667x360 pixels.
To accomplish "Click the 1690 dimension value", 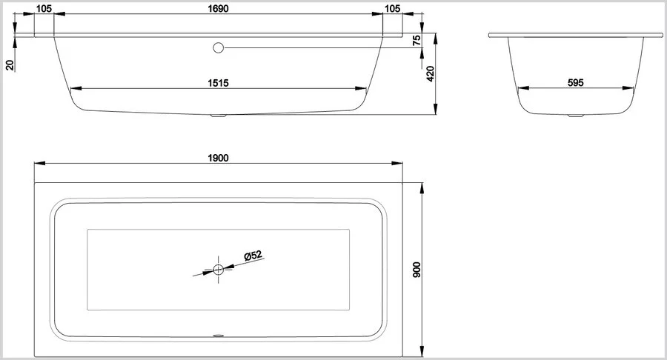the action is tap(218, 8).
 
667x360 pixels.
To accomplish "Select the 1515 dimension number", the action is tap(218, 83).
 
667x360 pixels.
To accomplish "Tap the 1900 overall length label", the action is tap(218, 158).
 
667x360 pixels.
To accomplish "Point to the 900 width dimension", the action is tap(417, 270).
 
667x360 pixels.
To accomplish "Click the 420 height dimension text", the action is tap(431, 73).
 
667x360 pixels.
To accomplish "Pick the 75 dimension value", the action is tap(417, 41).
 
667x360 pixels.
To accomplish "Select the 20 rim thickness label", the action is tap(10, 64).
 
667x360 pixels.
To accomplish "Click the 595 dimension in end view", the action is tap(576, 83).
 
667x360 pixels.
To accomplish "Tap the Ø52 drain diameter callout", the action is tap(253, 256).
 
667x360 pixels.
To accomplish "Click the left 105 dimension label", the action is tap(44, 8).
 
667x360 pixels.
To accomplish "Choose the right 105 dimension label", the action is tap(392, 8).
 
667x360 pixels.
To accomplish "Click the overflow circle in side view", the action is tap(218, 47).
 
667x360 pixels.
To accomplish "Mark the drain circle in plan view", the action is tap(218, 269).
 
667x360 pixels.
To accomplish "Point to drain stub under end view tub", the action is tap(576, 115).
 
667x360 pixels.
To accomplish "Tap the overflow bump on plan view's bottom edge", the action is tap(218, 336).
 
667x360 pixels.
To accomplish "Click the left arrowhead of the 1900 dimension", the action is tap(39, 163).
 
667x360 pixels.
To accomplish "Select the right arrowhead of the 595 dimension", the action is tap(628, 88).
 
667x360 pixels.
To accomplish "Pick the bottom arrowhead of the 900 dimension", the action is tap(422, 352).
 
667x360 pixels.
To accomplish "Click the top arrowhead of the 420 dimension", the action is tap(436, 39).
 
